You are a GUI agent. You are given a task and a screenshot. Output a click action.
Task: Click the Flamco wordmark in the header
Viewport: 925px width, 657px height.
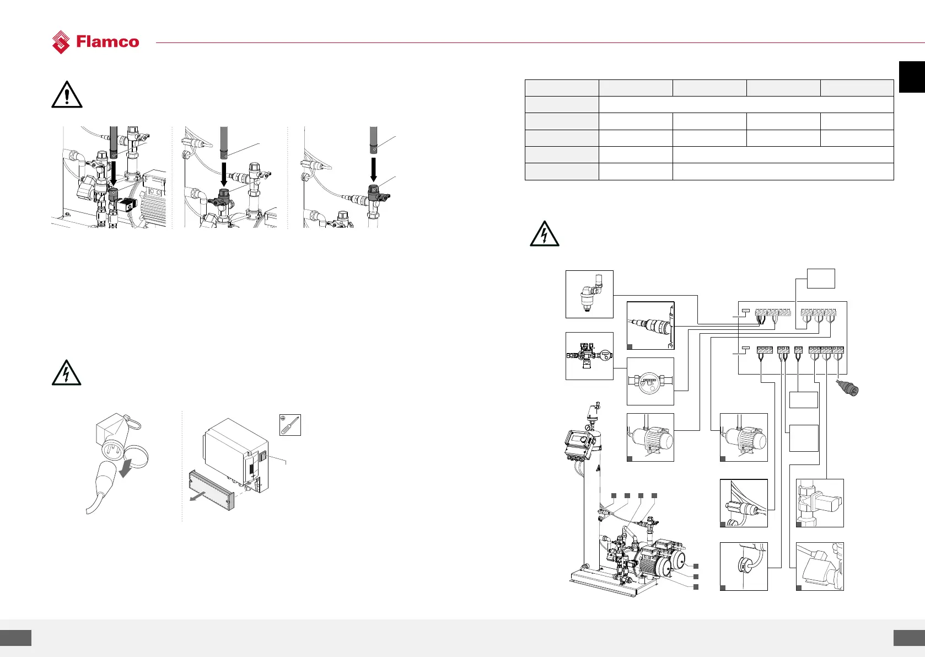coord(107,42)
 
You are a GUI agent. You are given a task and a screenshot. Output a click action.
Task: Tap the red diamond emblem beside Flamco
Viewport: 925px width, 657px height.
coord(61,42)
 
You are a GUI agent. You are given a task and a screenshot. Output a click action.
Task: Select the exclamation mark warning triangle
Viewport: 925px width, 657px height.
coord(67,95)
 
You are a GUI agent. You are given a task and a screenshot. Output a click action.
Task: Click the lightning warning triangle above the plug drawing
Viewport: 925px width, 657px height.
coord(66,372)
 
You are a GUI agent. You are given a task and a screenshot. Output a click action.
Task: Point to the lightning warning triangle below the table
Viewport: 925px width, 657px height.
coord(544,234)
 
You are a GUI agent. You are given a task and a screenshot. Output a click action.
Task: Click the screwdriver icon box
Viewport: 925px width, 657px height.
coord(290,425)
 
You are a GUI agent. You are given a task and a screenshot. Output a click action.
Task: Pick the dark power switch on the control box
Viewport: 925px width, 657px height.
coord(263,456)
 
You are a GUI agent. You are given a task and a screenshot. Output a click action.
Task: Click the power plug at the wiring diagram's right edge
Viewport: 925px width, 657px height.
coord(848,388)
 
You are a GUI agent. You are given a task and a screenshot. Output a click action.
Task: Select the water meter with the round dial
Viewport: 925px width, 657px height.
coord(650,382)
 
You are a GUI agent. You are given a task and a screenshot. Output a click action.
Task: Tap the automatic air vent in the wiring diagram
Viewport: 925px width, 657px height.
coord(589,294)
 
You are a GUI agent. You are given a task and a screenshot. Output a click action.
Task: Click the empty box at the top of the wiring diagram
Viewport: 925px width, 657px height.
coord(821,279)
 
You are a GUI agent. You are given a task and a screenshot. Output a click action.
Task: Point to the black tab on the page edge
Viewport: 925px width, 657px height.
coord(912,77)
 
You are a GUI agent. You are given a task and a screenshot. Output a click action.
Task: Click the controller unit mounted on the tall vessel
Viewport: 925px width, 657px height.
coord(580,444)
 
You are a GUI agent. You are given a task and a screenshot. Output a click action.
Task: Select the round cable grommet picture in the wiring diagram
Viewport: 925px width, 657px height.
coord(744,566)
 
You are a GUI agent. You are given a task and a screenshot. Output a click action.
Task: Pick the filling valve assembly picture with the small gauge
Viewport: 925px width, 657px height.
coord(589,356)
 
